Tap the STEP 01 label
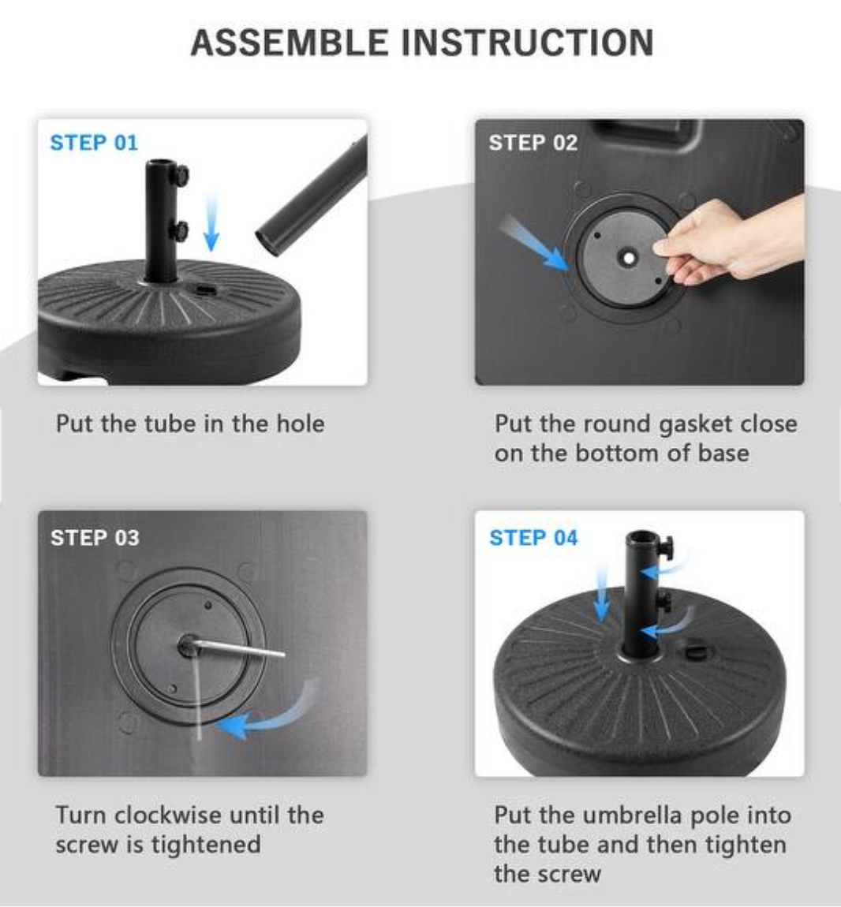pos(94,143)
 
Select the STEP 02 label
pos(533,143)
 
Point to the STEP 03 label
pos(95,538)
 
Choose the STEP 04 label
pos(533,538)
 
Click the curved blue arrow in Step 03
pos(268,714)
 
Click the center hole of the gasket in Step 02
pos(628,258)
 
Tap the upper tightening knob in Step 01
pos(181,173)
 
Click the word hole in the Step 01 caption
pos(300,424)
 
